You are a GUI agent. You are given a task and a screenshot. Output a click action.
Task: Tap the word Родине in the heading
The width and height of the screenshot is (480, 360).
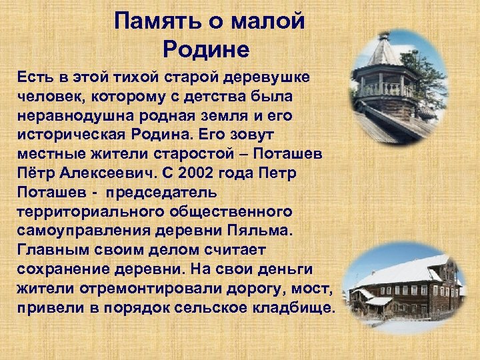pos(205,49)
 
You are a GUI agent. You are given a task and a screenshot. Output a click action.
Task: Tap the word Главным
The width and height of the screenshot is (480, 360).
pos(51,251)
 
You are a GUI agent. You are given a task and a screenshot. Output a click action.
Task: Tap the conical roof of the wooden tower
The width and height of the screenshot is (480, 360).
pos(385,53)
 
